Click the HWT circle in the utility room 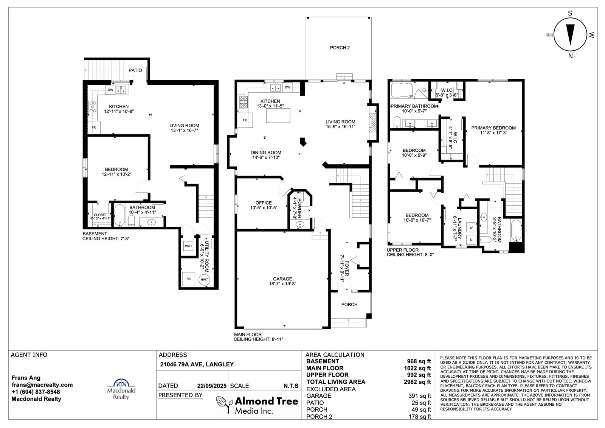pos(204,280)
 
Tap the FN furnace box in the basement pos(189,279)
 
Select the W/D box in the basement pos(188,246)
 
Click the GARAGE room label pos(282,279)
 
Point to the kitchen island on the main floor pos(278,115)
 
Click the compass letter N pos(571,56)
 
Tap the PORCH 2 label pos(340,48)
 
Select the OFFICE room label pos(264,203)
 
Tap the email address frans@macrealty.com pos(42,385)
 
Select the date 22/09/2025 pos(212,386)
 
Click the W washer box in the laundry pos(471,228)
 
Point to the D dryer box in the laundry pos(471,240)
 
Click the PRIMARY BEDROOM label pos(493,128)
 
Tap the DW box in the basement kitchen pos(110,90)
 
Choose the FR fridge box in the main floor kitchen pos(245,120)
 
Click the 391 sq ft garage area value pos(419,396)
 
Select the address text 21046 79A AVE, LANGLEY pos(197,364)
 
